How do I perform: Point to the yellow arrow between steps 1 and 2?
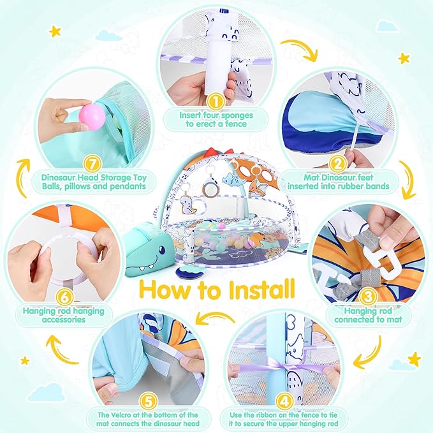tap(298, 48)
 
